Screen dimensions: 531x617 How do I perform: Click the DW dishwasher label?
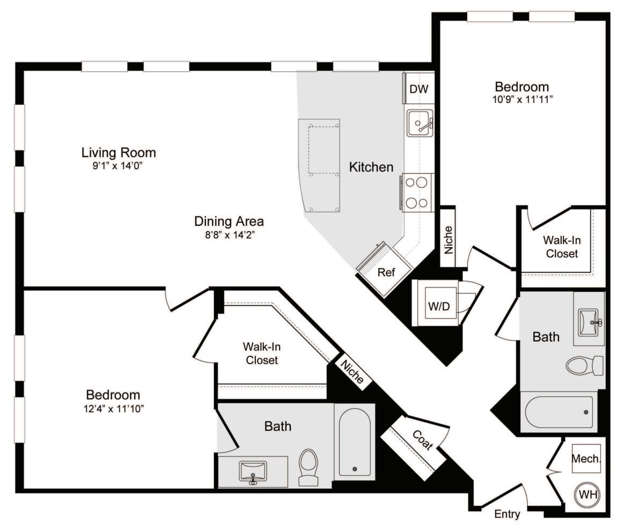(419, 89)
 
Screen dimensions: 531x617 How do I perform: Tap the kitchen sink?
(419, 124)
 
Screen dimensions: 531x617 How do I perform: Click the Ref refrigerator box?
(386, 272)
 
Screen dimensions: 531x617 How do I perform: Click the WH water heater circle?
(587, 495)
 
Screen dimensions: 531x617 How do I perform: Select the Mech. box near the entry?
(586, 459)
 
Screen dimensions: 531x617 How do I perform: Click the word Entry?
(507, 514)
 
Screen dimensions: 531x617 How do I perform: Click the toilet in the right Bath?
(584, 366)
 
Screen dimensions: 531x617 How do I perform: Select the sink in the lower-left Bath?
(253, 472)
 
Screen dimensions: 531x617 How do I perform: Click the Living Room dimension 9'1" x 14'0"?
(119, 166)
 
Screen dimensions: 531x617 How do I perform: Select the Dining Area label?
(229, 221)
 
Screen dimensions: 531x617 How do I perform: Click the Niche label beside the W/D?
(448, 238)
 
